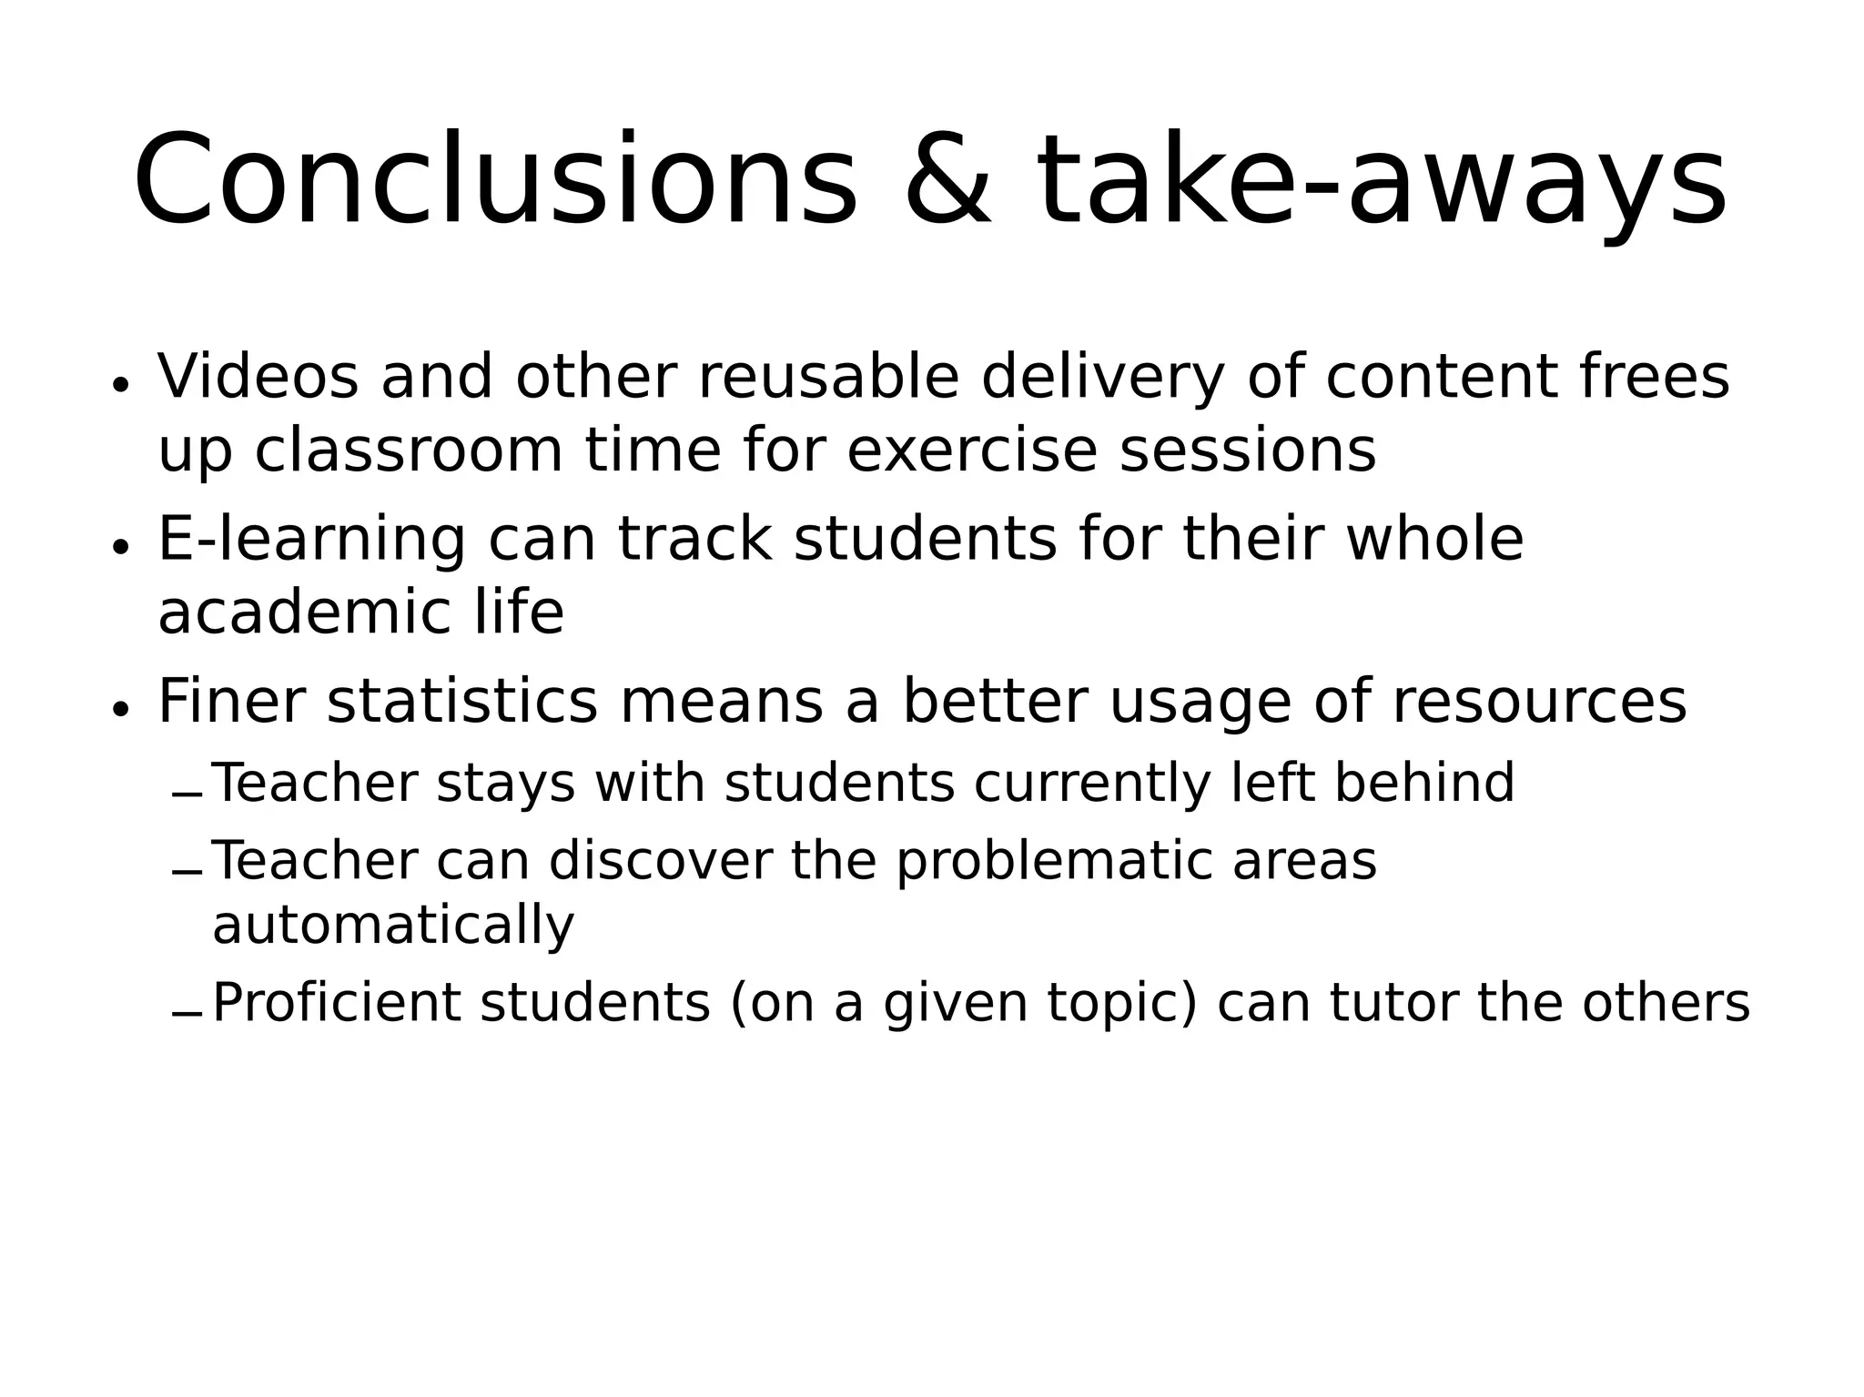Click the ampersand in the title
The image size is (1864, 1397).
point(947,179)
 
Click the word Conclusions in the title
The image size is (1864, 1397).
point(495,179)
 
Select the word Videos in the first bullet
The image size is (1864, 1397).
point(258,377)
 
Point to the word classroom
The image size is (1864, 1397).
point(409,450)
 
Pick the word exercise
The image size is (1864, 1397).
point(972,450)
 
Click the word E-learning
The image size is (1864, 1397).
point(311,540)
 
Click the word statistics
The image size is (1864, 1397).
point(462,702)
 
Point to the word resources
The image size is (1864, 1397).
point(1539,702)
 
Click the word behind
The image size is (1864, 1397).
point(1423,783)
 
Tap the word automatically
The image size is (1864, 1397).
point(393,926)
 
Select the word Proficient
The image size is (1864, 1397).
point(336,1003)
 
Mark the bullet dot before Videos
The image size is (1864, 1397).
point(119,385)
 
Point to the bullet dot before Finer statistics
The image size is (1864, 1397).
point(119,709)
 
